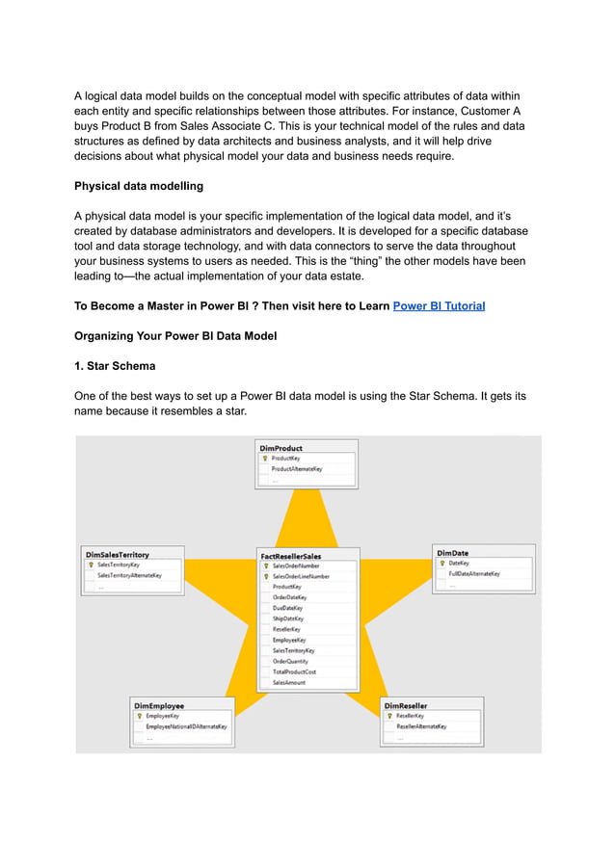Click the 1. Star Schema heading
click(116, 366)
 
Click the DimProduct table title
click(281, 448)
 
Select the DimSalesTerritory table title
click(118, 555)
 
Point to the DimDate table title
click(453, 553)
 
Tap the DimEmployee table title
click(159, 705)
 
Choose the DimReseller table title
click(406, 705)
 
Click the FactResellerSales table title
click(291, 556)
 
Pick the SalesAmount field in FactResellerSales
click(289, 682)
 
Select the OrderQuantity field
click(291, 661)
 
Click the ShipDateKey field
click(288, 618)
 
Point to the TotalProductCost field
click(295, 671)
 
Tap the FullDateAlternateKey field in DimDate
click(474, 574)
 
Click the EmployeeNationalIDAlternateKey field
click(187, 726)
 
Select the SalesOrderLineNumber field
click(301, 576)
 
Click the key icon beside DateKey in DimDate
click(441, 564)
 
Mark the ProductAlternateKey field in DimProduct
click(297, 469)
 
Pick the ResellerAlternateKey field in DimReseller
click(422, 726)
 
